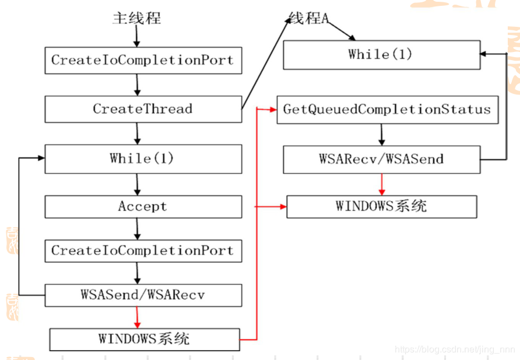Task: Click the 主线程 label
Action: tap(136, 19)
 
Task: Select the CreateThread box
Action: tap(143, 109)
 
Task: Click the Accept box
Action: tap(143, 207)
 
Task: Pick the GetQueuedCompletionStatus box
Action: tap(387, 110)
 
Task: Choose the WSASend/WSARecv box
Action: tap(143, 295)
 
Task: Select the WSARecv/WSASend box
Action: tap(381, 159)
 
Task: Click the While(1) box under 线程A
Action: tap(381, 55)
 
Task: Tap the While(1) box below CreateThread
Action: tap(143, 159)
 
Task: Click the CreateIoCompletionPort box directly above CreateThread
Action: tap(143, 60)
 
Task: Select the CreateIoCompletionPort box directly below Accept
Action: tap(143, 251)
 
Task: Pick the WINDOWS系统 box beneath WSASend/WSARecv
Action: tap(144, 339)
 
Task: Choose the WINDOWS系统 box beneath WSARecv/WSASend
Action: tap(381, 207)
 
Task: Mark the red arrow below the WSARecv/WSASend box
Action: tap(382, 184)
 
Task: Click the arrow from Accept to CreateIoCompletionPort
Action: tap(138, 229)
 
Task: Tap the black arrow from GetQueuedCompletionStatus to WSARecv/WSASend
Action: tap(382, 135)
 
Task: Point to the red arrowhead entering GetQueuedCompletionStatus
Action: tap(273, 110)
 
